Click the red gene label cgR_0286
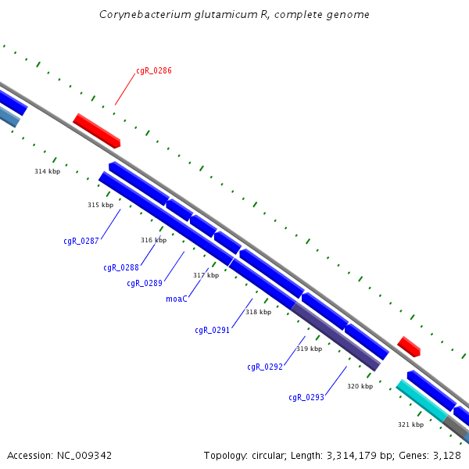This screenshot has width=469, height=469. coord(154,70)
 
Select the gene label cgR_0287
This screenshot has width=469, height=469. coord(81,241)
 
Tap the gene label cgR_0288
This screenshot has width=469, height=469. coord(121,267)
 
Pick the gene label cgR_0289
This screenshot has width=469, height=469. coord(145,283)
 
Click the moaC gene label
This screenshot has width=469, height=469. coord(177,299)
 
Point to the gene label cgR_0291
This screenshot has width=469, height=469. coord(212,330)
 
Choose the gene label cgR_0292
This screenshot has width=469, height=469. coord(264,367)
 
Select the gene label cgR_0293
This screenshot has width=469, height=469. coord(306,397)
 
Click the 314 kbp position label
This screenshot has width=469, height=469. coord(47,171)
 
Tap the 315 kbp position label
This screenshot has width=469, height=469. coord(100,205)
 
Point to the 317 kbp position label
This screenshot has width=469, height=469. coord(206,275)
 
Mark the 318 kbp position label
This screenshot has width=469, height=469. coord(258,312)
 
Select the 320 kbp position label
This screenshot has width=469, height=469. coord(360,386)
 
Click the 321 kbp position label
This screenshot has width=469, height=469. coord(410,424)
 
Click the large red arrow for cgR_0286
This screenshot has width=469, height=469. coord(97,131)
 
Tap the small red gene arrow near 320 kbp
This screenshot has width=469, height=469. coord(409,346)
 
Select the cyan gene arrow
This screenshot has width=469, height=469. coord(421,400)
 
